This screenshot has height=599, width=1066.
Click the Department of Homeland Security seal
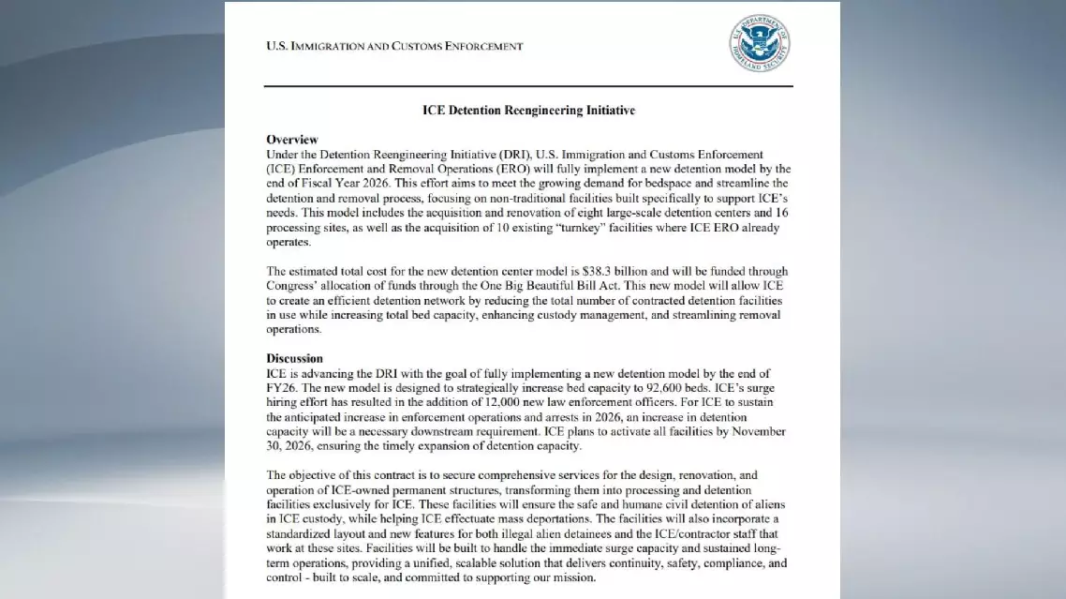click(759, 43)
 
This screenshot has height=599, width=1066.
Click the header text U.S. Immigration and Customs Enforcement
click(394, 46)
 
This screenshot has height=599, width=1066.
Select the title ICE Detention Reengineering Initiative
click(528, 111)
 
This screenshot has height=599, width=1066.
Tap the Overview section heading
click(292, 140)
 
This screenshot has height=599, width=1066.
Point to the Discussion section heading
click(294, 358)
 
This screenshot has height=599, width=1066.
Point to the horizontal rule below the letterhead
click(528, 86)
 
